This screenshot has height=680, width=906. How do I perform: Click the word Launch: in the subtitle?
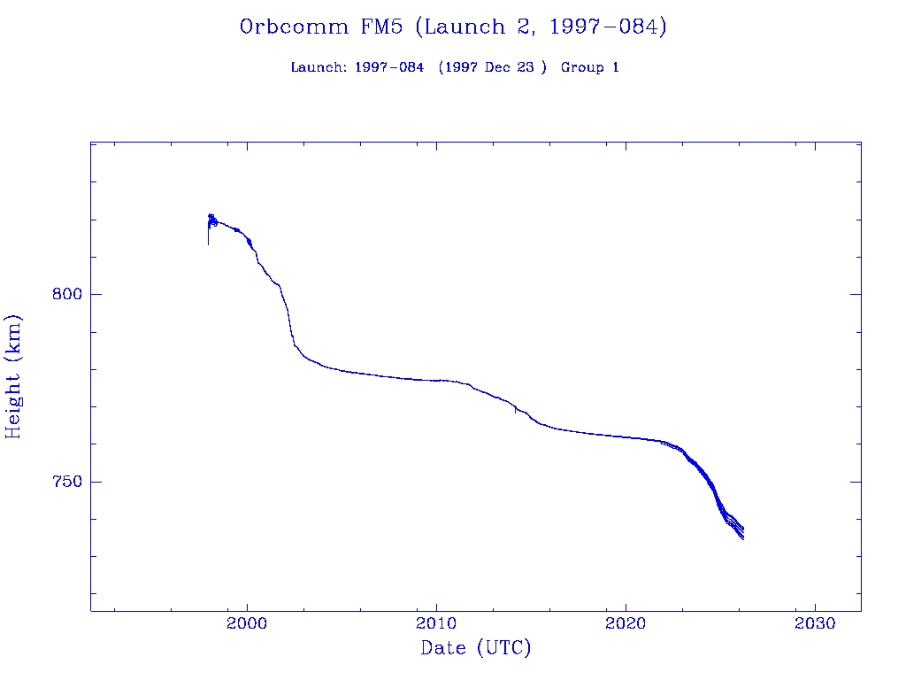point(319,67)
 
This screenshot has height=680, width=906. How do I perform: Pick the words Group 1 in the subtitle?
point(590,67)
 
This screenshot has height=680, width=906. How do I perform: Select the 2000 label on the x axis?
point(247,623)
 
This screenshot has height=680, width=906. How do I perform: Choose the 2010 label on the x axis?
point(436,623)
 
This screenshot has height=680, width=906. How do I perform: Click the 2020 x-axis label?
point(626,623)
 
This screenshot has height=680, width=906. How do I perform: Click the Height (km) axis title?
point(14,376)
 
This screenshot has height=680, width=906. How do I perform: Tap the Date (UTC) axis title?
point(476,649)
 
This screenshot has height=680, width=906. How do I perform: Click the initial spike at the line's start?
point(209,232)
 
